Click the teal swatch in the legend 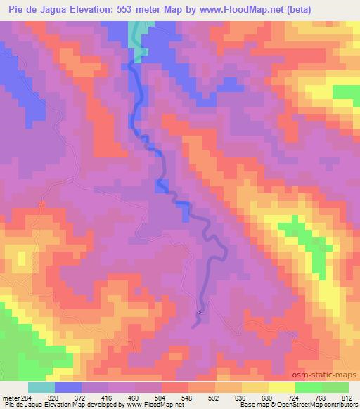41,387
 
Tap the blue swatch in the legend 68,387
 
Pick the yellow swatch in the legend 281,387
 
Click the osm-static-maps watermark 331,372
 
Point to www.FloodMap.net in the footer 150,405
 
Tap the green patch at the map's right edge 345,93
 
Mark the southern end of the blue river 195,324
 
